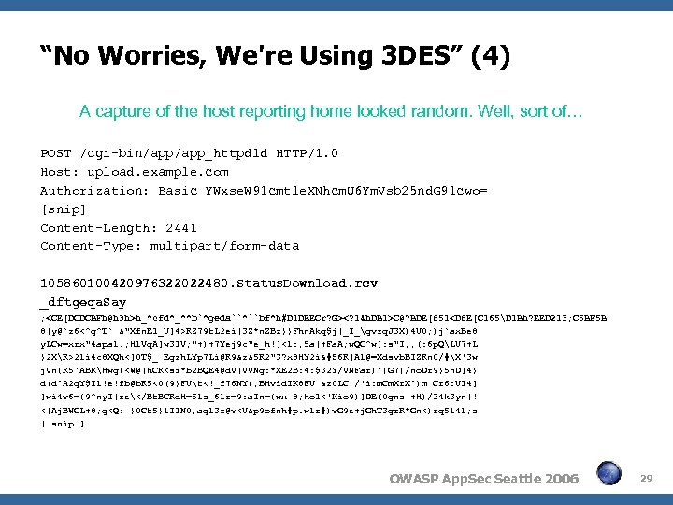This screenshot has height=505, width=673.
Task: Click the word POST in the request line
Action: click(56, 153)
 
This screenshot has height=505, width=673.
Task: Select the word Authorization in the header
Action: click(89, 191)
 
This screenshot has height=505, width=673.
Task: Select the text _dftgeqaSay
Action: click(82, 302)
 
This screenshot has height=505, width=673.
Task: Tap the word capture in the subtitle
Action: click(122, 111)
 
